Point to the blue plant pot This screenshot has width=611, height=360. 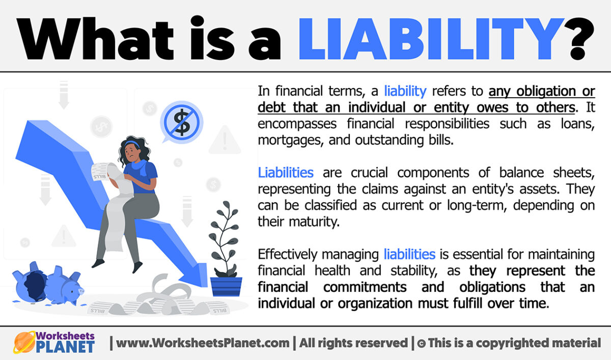coord(226,286)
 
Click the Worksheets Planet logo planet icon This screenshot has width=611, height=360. coord(23,343)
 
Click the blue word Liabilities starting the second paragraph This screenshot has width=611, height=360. coord(286,173)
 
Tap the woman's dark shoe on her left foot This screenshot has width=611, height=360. coord(98,263)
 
